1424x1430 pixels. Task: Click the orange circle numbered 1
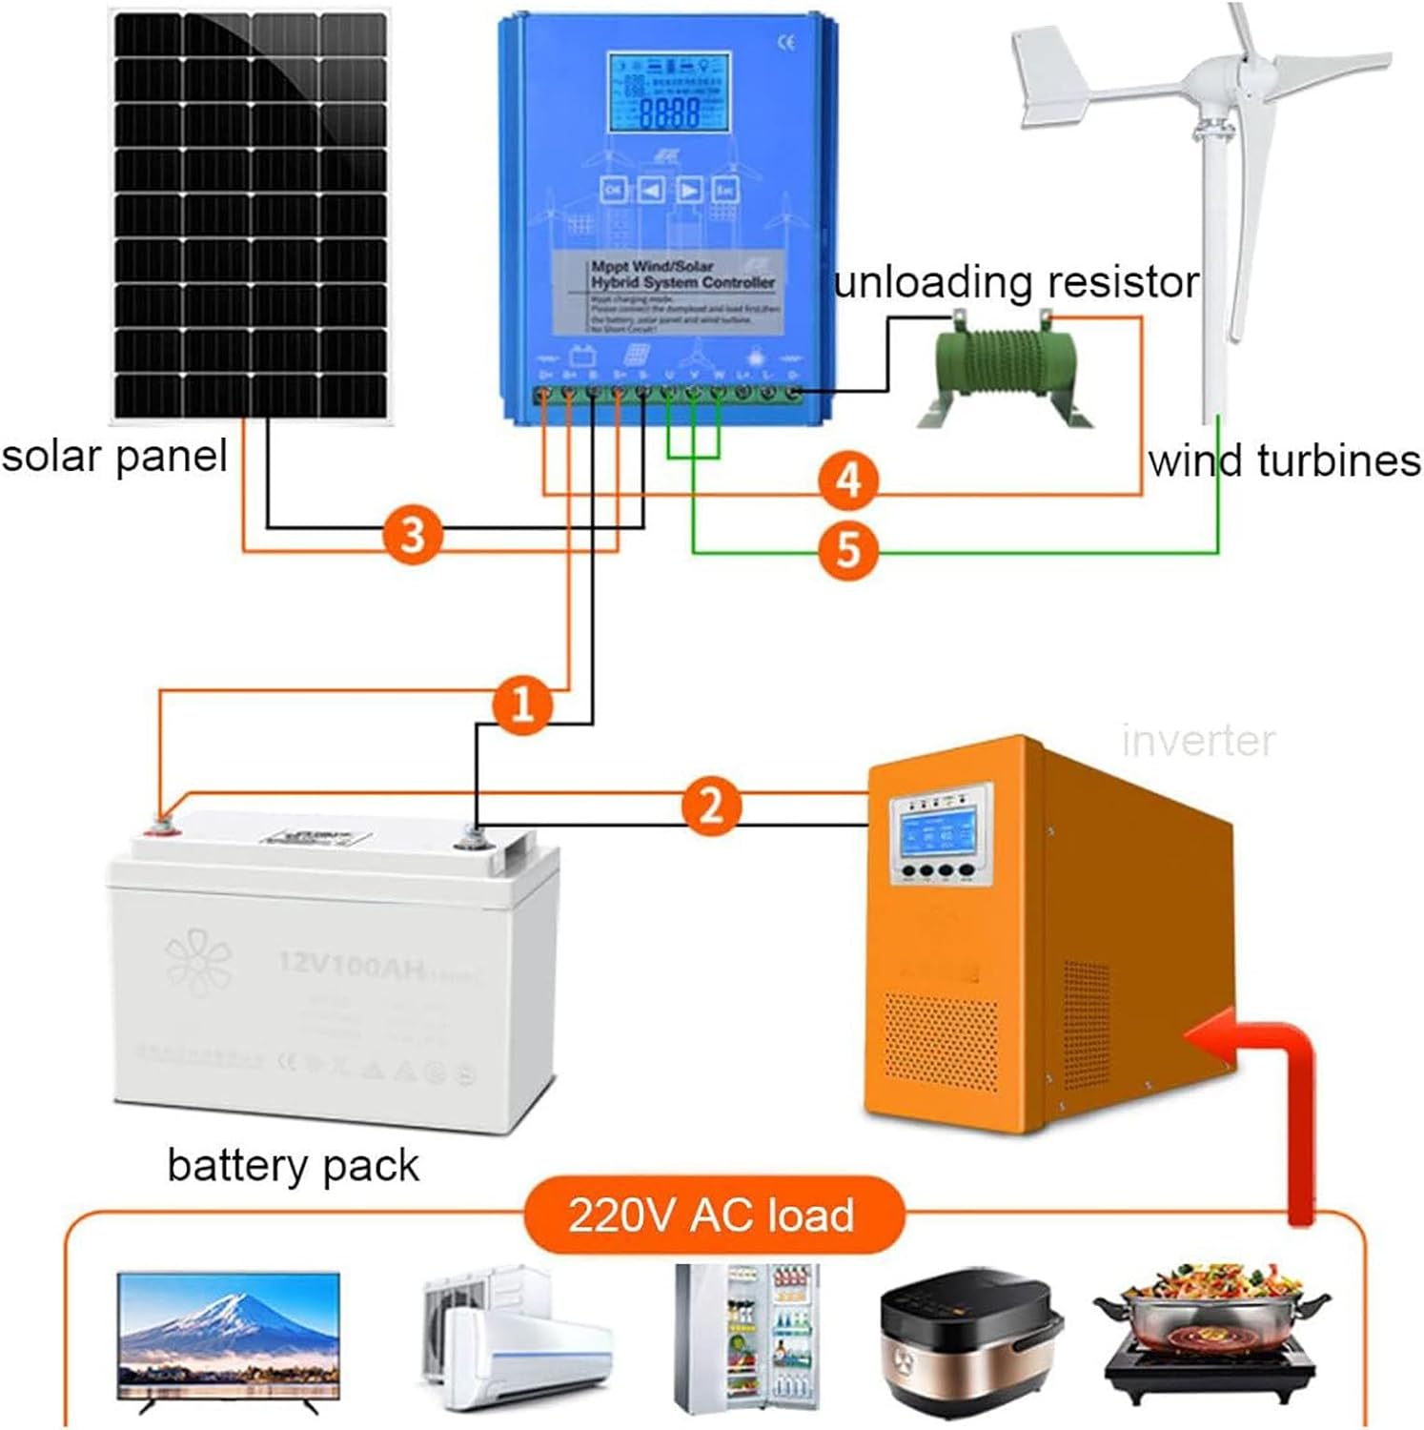(x=521, y=705)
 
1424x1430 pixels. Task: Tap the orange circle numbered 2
(x=711, y=806)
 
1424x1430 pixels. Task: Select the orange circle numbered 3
(x=412, y=534)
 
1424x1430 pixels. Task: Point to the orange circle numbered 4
(x=848, y=480)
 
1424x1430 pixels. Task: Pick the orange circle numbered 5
(x=848, y=550)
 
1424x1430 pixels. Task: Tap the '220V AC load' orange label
(x=711, y=1215)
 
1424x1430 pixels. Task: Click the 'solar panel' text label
(x=114, y=457)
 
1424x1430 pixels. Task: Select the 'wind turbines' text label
(x=1284, y=461)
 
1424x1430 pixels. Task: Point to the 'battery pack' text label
(x=293, y=1165)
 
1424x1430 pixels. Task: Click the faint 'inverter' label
(x=1197, y=741)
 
